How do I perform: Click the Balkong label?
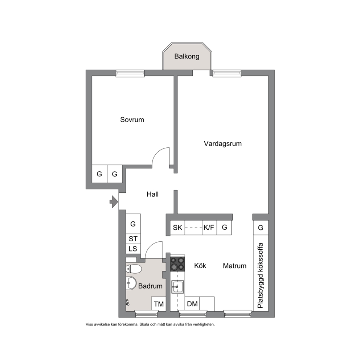click(x=187, y=56)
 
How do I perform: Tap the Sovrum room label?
click(x=132, y=120)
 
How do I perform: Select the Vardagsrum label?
click(x=223, y=144)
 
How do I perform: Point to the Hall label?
click(x=152, y=194)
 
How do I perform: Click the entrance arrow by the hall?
click(x=114, y=202)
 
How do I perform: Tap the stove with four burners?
click(x=177, y=263)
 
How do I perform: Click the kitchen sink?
click(x=177, y=287)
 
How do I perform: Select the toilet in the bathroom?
click(x=134, y=269)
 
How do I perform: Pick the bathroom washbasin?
click(x=131, y=283)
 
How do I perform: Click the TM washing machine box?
click(x=159, y=304)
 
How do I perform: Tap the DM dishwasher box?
click(x=192, y=304)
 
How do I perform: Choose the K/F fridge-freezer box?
click(x=209, y=228)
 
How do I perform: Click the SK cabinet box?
click(x=177, y=228)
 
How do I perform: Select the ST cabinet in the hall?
click(x=133, y=239)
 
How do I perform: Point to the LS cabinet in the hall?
click(x=133, y=249)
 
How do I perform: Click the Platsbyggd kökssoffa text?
click(x=260, y=275)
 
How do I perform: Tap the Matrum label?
click(x=235, y=266)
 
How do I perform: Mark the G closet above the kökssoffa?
click(x=261, y=228)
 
